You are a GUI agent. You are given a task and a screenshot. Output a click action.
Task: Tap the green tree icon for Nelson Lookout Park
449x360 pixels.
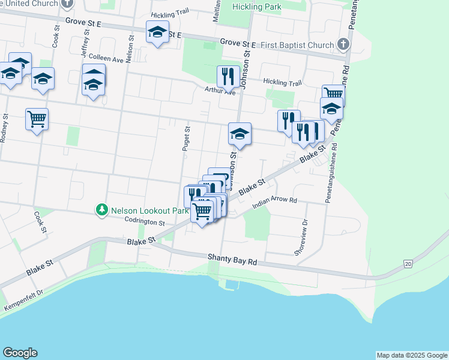point(102,210)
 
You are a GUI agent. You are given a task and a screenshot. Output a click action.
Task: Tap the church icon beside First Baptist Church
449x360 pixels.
point(343,44)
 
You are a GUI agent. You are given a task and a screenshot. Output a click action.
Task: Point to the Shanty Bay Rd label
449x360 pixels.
point(232,258)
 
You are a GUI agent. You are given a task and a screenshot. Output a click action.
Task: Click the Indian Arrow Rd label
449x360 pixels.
point(275,203)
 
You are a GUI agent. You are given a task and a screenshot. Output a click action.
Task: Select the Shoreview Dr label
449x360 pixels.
point(301,238)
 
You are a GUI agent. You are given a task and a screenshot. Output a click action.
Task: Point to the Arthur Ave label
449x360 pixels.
point(220,91)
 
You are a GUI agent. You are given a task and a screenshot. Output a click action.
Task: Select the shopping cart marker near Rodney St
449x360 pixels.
point(37,119)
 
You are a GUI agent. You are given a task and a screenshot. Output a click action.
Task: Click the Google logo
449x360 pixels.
point(20,353)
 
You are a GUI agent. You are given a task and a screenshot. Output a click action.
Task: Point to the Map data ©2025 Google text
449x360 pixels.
point(411,355)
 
